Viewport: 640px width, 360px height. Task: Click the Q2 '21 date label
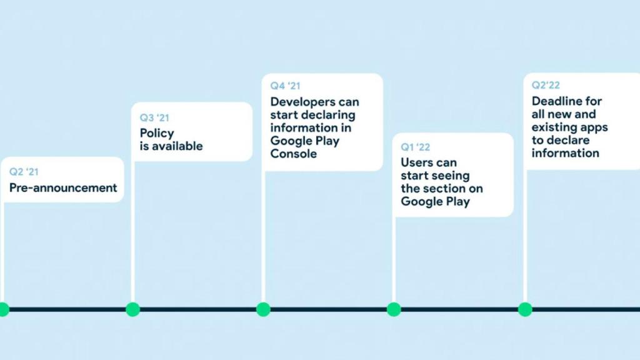pyautogui.click(x=23, y=172)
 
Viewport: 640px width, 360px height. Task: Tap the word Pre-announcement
pyautogui.click(x=63, y=187)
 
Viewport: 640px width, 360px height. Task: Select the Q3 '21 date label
pyautogui.click(x=154, y=117)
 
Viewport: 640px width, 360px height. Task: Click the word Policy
pyautogui.click(x=157, y=133)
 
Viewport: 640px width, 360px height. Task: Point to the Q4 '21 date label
pyautogui.click(x=285, y=86)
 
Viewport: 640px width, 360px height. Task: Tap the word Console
pyautogui.click(x=293, y=153)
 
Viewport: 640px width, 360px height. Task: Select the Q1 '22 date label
pyautogui.click(x=416, y=147)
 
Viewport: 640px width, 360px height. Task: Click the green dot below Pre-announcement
pyautogui.click(x=3, y=309)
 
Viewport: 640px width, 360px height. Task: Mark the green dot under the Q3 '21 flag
pyautogui.click(x=132, y=309)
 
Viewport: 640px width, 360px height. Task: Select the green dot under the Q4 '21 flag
pyautogui.click(x=263, y=309)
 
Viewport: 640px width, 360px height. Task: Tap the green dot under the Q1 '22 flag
pyautogui.click(x=393, y=309)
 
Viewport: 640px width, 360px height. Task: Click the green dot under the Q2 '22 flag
pyautogui.click(x=525, y=309)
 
